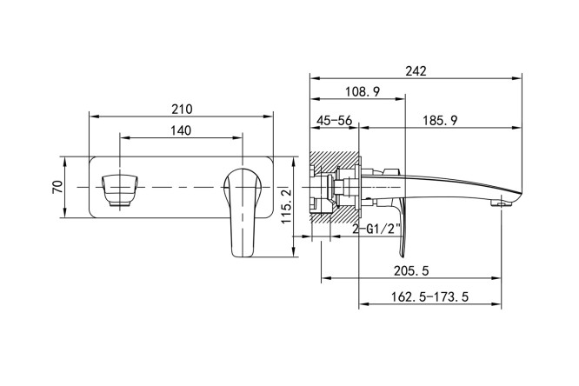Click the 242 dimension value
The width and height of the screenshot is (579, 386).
click(416, 71)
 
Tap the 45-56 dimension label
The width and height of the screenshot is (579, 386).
click(335, 120)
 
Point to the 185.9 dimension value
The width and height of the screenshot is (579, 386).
click(441, 120)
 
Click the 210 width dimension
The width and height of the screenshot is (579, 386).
click(182, 109)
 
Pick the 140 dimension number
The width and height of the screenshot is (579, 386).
click(181, 130)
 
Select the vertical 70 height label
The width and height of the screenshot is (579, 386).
click(58, 187)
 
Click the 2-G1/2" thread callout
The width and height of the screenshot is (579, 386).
click(376, 230)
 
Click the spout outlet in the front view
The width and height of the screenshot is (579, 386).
click(120, 190)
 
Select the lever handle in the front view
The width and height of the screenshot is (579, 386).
click(243, 212)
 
